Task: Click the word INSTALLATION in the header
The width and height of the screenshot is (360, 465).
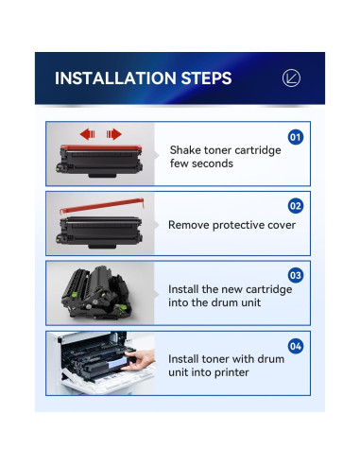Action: [115, 78]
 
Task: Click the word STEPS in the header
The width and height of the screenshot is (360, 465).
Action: [207, 78]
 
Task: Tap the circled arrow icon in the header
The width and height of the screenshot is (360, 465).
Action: [291, 78]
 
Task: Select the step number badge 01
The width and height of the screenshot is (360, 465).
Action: [296, 137]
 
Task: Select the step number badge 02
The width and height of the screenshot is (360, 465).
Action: [296, 206]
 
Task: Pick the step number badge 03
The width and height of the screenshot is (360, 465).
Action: [296, 275]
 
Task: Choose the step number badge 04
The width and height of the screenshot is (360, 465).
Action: [296, 346]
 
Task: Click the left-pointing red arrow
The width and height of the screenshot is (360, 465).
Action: [88, 134]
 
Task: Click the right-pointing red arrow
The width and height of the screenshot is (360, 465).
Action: [113, 134]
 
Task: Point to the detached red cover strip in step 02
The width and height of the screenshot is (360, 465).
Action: [101, 206]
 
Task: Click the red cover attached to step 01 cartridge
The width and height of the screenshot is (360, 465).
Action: [101, 147]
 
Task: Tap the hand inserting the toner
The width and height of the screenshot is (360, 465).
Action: [139, 360]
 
